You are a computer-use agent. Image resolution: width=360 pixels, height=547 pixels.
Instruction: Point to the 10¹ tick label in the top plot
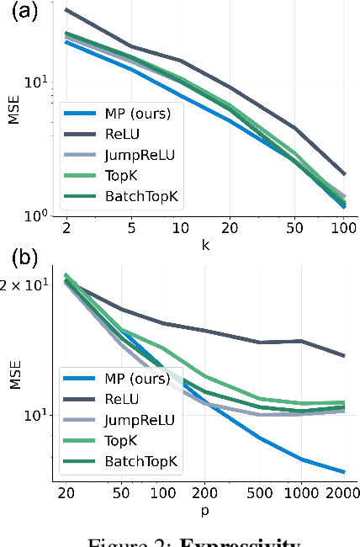coord(41,82)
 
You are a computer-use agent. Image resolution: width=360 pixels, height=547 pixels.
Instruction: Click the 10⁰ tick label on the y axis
coord(41,215)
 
